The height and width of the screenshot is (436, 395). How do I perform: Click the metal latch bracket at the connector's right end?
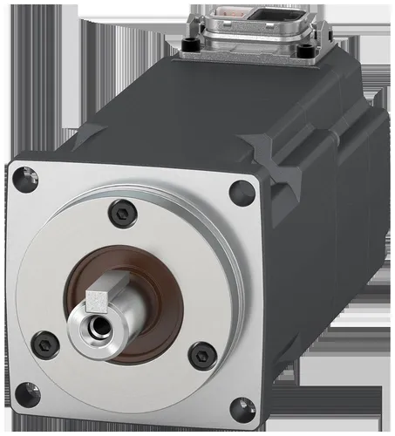324,35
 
